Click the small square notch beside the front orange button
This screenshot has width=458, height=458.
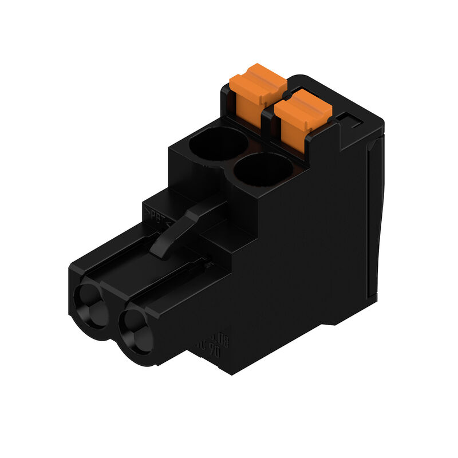348,122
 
